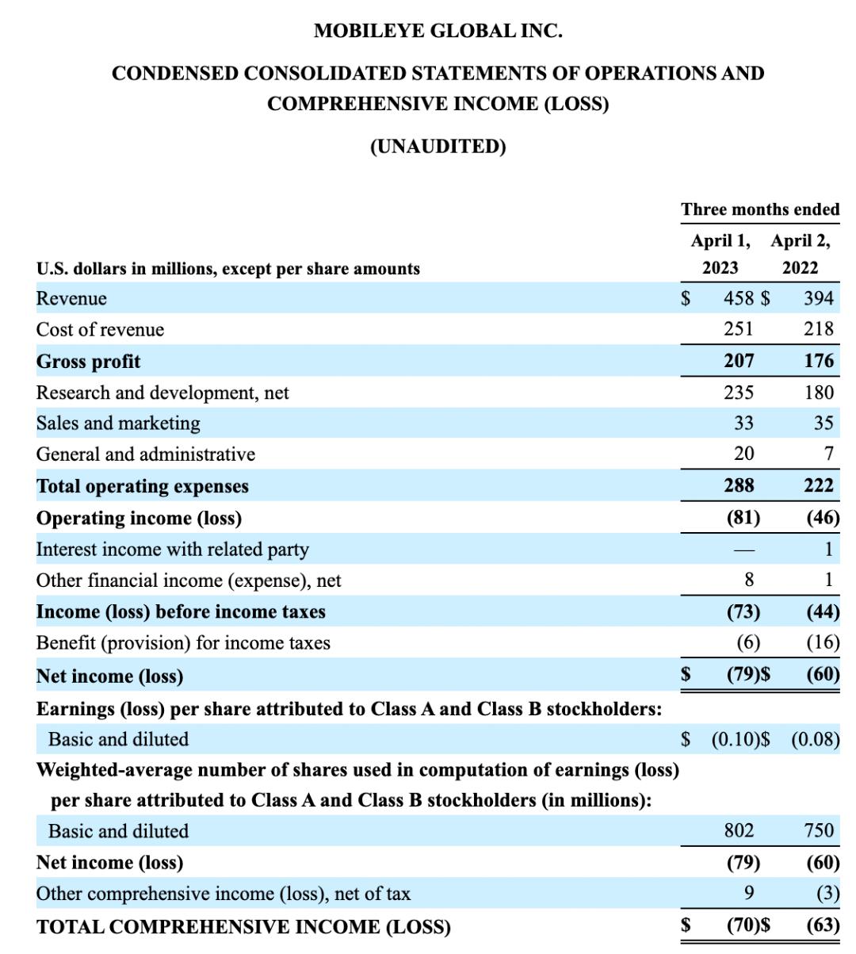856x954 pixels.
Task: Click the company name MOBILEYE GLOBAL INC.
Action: click(x=438, y=31)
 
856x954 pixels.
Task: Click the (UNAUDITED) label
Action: click(x=438, y=147)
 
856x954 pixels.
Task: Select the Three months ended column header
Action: click(x=759, y=209)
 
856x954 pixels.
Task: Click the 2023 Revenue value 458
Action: click(x=739, y=298)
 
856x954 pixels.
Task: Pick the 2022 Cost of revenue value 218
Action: click(x=818, y=329)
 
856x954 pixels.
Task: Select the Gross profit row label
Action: click(x=88, y=362)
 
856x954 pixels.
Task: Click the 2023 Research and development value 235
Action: click(x=738, y=393)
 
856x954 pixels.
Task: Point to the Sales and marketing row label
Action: click(x=118, y=423)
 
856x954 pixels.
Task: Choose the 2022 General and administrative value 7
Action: click(x=828, y=454)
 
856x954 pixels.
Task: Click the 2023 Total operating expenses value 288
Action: click(x=739, y=485)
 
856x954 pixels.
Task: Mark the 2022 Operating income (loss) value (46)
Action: click(x=823, y=518)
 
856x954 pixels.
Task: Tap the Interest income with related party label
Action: click(x=172, y=549)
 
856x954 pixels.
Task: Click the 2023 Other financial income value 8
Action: click(x=748, y=580)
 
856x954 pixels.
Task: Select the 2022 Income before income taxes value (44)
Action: click(x=823, y=611)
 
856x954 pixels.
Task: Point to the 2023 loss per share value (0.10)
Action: click(x=735, y=739)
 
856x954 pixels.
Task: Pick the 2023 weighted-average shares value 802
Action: click(x=739, y=830)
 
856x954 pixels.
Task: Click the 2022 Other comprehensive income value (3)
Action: click(x=827, y=894)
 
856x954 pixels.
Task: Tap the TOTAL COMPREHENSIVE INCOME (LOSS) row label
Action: click(x=243, y=926)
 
